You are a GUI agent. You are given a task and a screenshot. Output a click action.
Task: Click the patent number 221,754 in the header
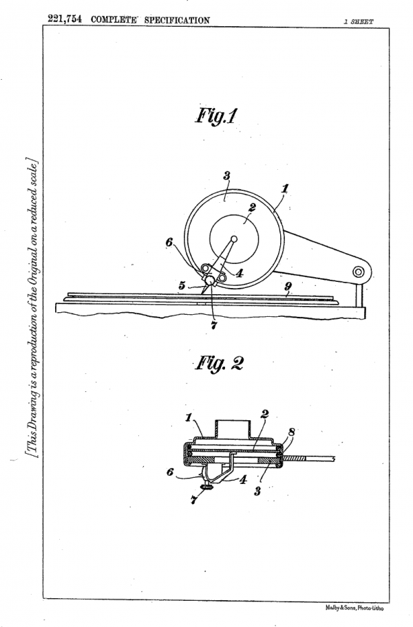65,19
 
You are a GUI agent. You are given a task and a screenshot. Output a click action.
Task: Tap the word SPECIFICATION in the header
177,20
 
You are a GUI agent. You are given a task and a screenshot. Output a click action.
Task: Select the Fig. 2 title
219,364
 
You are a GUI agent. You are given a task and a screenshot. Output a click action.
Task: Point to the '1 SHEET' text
358,21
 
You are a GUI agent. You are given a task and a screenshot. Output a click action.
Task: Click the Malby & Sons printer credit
354,608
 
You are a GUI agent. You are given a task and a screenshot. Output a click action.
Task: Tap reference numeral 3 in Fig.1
226,175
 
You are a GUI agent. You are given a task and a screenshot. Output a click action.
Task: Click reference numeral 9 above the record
288,286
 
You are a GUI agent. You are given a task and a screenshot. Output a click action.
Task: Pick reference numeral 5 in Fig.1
182,285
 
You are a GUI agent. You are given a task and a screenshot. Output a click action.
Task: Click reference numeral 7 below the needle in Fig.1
213,325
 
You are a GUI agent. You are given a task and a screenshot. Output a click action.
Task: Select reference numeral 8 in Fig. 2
292,432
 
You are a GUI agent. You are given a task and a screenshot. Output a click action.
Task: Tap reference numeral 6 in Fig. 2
170,472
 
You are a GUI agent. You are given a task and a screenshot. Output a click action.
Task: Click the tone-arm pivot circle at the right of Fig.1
358,272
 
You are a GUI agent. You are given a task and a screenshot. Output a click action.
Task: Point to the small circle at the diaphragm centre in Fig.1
234,239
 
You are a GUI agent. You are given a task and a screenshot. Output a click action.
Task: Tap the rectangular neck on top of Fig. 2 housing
233,428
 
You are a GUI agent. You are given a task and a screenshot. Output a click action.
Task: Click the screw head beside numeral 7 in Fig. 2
207,487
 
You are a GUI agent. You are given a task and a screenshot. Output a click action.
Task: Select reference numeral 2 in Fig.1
252,208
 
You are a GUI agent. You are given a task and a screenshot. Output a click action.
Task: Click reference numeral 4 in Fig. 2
243,479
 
